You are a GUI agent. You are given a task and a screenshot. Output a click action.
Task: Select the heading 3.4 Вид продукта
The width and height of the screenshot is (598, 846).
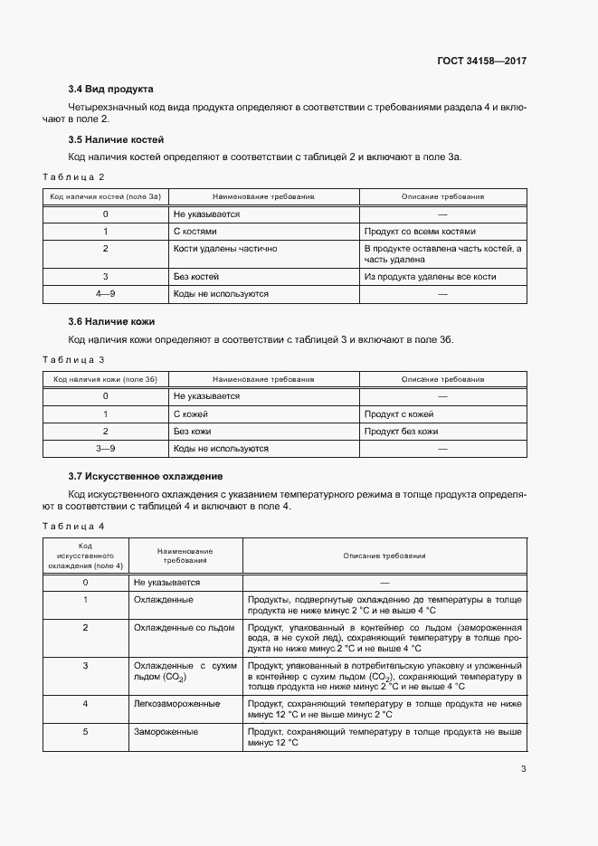click(110, 89)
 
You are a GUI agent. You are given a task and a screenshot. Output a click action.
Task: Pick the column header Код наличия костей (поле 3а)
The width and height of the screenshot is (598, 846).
click(105, 195)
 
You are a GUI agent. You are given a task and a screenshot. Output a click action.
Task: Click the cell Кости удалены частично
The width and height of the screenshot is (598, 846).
click(224, 248)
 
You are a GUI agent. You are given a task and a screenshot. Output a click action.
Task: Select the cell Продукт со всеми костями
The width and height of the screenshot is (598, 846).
click(419, 231)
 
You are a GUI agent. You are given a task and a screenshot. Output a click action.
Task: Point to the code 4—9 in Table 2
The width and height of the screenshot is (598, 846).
click(105, 294)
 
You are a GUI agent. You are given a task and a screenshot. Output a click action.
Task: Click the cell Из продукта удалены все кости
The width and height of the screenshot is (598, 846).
click(429, 277)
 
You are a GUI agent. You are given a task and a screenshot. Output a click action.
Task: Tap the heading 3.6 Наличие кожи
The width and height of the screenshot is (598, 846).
click(112, 321)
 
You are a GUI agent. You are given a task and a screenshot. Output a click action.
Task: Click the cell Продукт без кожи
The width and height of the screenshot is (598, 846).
click(401, 432)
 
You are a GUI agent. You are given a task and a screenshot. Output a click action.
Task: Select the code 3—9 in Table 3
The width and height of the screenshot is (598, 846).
click(105, 449)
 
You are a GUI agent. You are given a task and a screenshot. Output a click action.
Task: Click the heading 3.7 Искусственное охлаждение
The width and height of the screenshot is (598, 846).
click(146, 476)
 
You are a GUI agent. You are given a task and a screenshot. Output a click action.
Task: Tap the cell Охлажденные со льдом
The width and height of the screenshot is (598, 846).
click(184, 627)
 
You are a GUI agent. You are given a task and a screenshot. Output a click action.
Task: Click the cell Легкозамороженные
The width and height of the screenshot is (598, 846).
click(176, 703)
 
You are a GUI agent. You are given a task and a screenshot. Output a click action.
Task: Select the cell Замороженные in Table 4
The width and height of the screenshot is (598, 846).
click(166, 731)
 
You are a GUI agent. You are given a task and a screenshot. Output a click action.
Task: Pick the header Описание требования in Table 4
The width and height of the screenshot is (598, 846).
click(384, 556)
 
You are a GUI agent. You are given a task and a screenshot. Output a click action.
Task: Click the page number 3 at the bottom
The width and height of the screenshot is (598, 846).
click(523, 770)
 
